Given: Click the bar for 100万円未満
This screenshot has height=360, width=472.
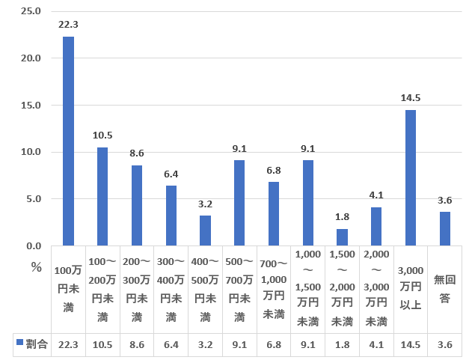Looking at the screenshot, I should pos(68,141).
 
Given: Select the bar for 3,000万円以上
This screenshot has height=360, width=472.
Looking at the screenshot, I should pos(411,177).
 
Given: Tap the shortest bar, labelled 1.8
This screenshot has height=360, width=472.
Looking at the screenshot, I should pos(342,237).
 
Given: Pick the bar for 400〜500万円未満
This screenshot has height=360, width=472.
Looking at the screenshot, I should pos(205,231).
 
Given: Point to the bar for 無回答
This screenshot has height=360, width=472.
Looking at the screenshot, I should pos(445,228).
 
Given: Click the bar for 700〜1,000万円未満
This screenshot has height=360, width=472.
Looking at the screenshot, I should pos(274,213).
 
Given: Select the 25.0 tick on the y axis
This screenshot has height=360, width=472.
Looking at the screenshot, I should pos(31,11).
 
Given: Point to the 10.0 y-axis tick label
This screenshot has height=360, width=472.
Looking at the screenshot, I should pos(31,152).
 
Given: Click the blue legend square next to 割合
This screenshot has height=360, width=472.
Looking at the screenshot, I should pos(19,344).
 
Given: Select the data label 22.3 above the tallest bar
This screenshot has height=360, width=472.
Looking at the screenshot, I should pos(68,25).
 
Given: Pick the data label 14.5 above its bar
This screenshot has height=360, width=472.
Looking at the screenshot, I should pos(411,98).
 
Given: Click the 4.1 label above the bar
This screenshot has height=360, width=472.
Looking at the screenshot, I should pos(376,195).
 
